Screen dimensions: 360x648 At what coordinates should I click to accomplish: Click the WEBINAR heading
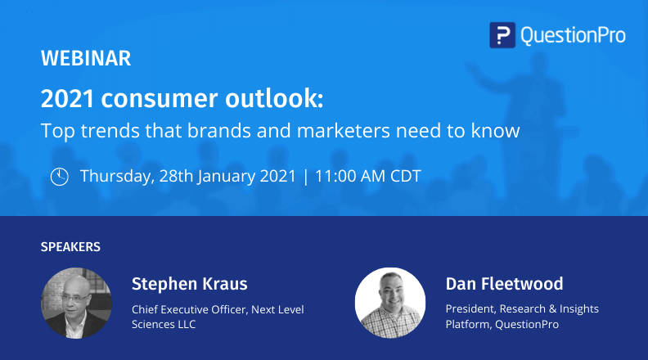[x=85, y=59]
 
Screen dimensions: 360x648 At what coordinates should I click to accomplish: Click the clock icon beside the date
[x=60, y=176]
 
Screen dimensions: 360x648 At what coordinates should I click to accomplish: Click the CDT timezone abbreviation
[x=405, y=176]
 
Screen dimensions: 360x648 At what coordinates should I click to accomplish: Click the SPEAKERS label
[x=70, y=245]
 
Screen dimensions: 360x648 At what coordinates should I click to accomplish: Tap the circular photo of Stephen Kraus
[x=76, y=304]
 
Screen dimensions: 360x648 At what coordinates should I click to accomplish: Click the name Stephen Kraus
[x=189, y=284]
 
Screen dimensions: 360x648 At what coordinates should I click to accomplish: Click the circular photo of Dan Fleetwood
[x=390, y=304]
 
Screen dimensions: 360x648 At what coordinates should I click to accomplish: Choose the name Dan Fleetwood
[x=504, y=284]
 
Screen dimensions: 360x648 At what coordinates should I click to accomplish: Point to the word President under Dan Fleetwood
[x=469, y=309]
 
